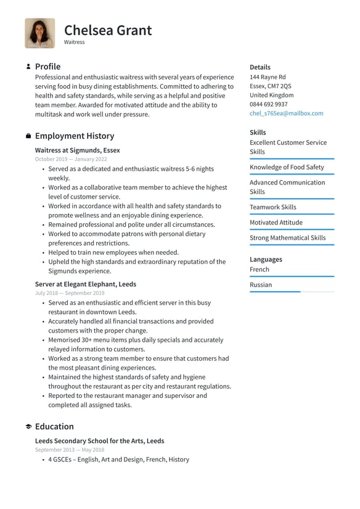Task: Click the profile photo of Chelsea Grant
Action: click(x=39, y=33)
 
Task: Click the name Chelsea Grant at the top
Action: click(x=108, y=30)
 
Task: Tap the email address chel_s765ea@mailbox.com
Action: click(x=286, y=114)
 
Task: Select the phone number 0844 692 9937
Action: click(x=268, y=104)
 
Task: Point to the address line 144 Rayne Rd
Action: click(x=268, y=77)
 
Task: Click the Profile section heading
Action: click(x=47, y=67)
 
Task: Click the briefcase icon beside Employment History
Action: click(x=28, y=136)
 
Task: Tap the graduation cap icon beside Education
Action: click(x=28, y=426)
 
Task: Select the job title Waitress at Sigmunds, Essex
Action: click(x=77, y=150)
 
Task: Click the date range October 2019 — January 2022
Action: click(x=71, y=159)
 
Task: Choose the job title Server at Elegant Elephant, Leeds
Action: click(x=86, y=284)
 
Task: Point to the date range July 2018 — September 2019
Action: click(x=70, y=293)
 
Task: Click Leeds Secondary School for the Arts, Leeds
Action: click(x=99, y=441)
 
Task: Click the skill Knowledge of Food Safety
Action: click(x=287, y=167)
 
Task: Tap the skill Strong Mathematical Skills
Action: click(x=287, y=238)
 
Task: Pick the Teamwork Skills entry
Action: click(x=272, y=207)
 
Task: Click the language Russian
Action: click(x=261, y=285)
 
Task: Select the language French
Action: click(x=260, y=270)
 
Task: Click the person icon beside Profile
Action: click(x=28, y=67)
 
